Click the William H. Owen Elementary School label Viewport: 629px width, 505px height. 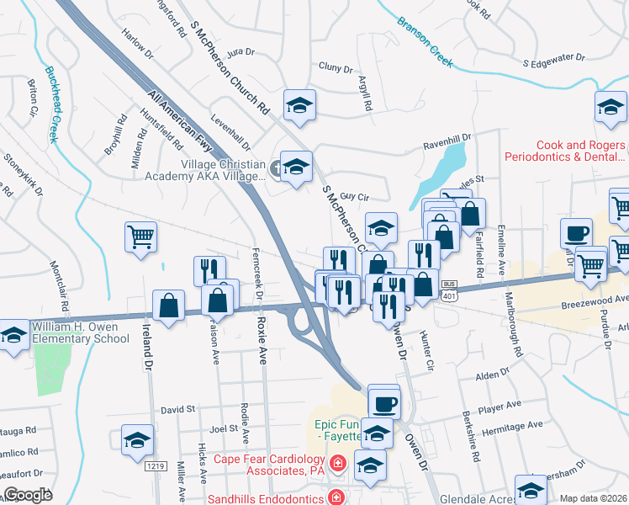click(x=81, y=332)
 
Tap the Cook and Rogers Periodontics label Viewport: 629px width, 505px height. click(x=564, y=151)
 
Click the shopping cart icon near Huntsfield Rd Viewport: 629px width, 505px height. click(x=140, y=237)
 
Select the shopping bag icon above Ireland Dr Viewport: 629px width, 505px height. click(x=169, y=306)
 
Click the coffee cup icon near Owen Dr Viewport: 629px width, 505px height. click(x=384, y=402)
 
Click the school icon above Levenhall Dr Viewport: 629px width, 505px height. click(x=299, y=105)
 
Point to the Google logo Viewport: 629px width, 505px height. click(x=28, y=495)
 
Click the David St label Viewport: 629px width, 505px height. click(x=177, y=408)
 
